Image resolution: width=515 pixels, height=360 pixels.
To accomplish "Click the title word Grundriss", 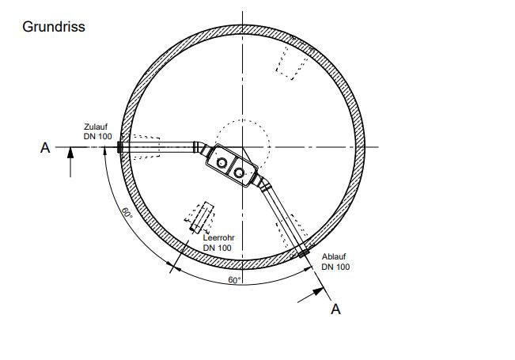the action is (54, 27).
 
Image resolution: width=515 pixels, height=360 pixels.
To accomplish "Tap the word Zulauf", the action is (96, 127).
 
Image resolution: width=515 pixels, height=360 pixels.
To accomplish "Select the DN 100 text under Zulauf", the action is (98, 136).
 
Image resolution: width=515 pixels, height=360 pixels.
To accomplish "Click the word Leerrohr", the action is (219, 238).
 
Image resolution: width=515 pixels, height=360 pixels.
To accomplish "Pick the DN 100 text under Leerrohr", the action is (218, 248).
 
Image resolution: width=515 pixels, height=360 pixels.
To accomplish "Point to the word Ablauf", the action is (334, 256).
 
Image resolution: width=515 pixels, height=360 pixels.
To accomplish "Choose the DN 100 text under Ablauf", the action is (335, 267).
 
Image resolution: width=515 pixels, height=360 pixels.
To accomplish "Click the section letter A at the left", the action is (45, 148).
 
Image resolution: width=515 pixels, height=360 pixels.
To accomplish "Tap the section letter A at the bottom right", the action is (335, 309).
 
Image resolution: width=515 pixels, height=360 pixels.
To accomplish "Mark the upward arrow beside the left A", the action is (70, 162).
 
